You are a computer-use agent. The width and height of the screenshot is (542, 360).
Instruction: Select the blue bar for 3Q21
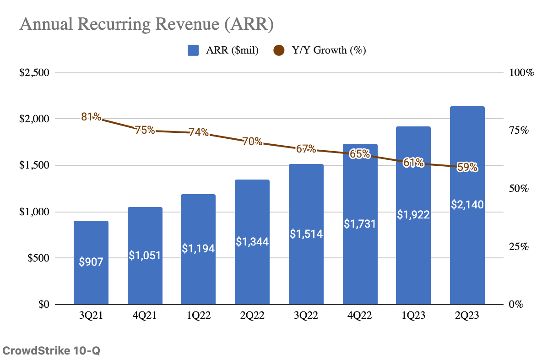click(91, 275)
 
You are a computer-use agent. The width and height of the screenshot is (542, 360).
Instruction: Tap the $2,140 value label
click(467, 205)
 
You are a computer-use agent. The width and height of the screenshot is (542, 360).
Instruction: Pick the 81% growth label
click(91, 117)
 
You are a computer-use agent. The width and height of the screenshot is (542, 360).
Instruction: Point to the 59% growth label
click(467, 168)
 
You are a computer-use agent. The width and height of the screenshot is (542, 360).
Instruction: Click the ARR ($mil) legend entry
click(223, 50)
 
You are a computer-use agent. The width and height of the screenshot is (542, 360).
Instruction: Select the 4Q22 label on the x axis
click(360, 316)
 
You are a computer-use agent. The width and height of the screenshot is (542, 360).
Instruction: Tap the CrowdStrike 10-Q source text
click(51, 351)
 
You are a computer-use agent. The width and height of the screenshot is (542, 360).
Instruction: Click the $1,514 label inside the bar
click(306, 234)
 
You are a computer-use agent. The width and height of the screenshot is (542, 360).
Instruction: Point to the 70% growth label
click(252, 142)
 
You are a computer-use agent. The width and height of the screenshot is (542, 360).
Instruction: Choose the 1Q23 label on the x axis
click(413, 316)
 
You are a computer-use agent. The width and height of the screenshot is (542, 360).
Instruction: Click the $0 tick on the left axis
click(44, 305)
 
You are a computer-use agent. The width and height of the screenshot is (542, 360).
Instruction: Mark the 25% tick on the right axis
click(519, 246)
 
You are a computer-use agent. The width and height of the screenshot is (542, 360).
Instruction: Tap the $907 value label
click(91, 262)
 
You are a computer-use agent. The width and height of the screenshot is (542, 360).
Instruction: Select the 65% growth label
click(360, 154)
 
